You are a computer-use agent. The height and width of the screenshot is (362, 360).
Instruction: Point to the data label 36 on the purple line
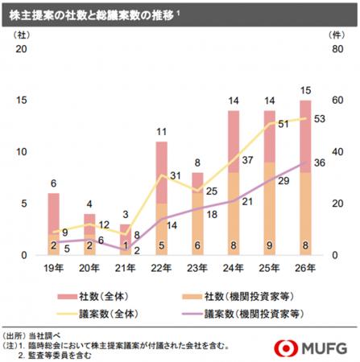click(x=318, y=163)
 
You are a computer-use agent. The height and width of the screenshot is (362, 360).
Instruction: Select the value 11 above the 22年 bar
click(x=161, y=131)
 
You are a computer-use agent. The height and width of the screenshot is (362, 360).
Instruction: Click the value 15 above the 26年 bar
click(x=305, y=90)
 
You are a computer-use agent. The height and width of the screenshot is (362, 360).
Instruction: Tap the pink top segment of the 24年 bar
click(x=234, y=141)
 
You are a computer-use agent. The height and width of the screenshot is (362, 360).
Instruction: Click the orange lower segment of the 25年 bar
click(x=270, y=217)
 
